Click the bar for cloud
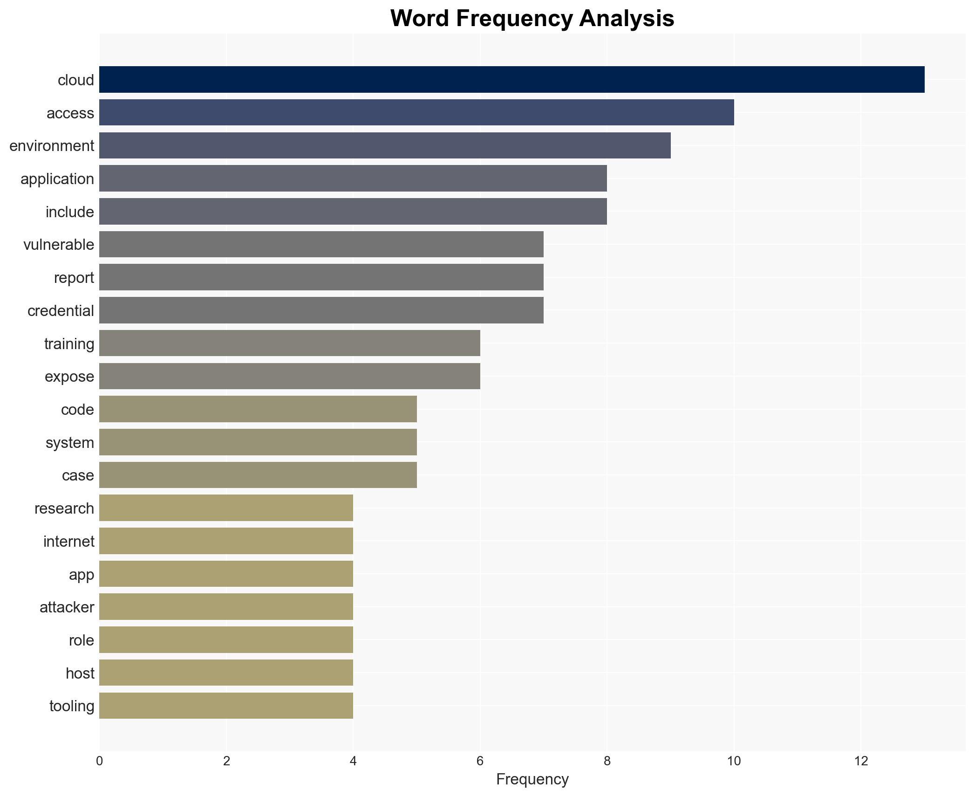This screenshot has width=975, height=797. point(511,80)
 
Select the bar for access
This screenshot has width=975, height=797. point(416,113)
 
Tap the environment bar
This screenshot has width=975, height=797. point(385,145)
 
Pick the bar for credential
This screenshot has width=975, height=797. point(321,310)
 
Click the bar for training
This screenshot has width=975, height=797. point(289,344)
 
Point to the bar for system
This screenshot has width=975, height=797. point(258,442)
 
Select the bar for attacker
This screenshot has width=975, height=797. point(226,607)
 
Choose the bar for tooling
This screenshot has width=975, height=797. point(226,706)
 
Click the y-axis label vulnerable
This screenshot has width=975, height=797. point(59,245)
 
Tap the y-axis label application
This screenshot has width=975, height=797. point(57,179)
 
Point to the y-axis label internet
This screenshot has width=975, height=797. point(68,542)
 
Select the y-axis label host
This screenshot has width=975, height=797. point(80,673)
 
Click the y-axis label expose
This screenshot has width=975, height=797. point(69,377)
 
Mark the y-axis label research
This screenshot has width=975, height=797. point(64,508)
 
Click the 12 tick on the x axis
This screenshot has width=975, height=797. point(861,761)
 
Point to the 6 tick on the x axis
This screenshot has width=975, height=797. point(480,761)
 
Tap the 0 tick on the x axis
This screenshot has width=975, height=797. point(99,761)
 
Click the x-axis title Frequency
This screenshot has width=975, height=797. point(532,779)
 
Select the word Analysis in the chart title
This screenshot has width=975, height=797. point(627,19)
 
